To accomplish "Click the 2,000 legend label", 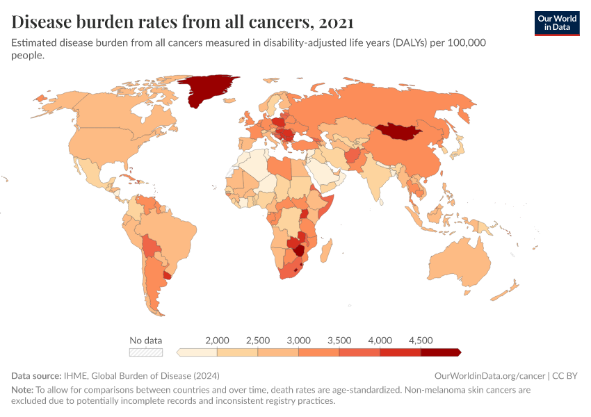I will (218, 340).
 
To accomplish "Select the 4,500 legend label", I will (421, 340).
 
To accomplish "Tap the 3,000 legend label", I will (299, 340).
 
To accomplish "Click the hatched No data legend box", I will (146, 352).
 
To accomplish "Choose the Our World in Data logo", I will (557, 23).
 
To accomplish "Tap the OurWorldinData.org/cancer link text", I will (489, 375).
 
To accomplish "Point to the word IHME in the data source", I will (75, 375).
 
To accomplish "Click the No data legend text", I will (146, 340).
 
